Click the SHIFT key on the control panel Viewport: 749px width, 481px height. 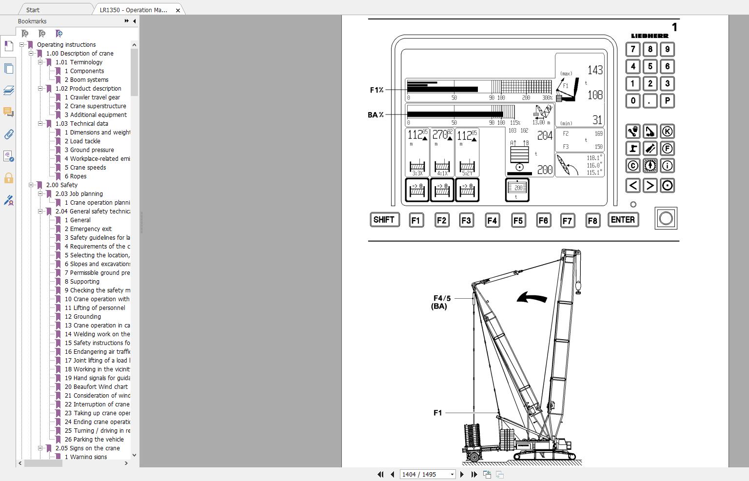[x=384, y=220]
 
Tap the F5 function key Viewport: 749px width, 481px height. [x=518, y=220]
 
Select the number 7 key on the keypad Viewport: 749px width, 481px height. [x=632, y=49]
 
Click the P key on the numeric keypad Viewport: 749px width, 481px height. [x=667, y=101]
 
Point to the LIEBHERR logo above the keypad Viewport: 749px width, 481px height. [x=650, y=36]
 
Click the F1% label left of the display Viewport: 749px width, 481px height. [x=376, y=90]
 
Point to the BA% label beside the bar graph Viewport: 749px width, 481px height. [x=375, y=115]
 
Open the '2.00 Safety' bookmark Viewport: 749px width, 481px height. [x=61, y=185]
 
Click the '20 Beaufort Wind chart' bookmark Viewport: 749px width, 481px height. [x=96, y=387]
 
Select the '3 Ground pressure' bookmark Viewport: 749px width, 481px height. [x=89, y=150]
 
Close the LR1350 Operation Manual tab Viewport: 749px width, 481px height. [x=178, y=10]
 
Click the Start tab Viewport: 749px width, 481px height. [x=33, y=10]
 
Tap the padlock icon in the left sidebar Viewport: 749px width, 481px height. [x=8, y=178]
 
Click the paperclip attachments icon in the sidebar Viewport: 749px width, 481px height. [x=8, y=134]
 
